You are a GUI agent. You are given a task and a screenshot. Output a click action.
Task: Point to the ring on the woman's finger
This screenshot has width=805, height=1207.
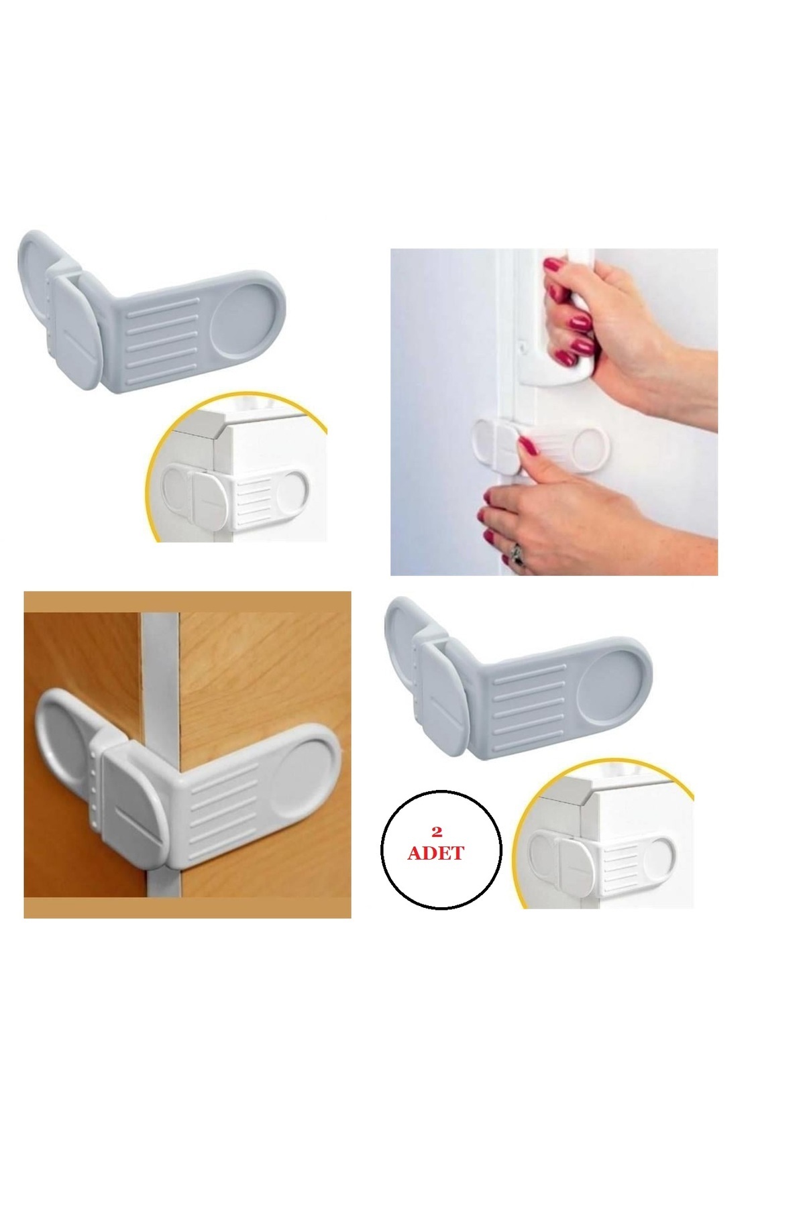coord(517,554)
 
